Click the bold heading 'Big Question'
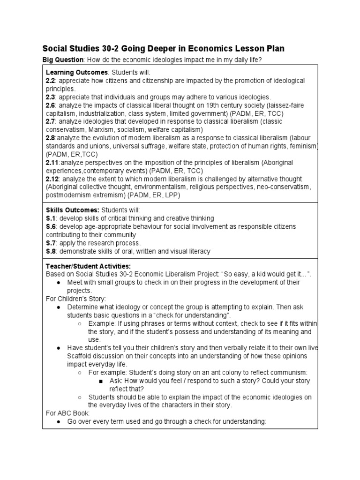(62, 60)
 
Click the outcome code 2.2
(51, 81)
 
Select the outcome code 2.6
(51, 105)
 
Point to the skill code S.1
(51, 218)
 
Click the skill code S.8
(51, 251)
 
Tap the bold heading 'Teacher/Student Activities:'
(85, 266)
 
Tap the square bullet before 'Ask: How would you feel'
(100, 381)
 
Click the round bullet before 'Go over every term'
(57, 422)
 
